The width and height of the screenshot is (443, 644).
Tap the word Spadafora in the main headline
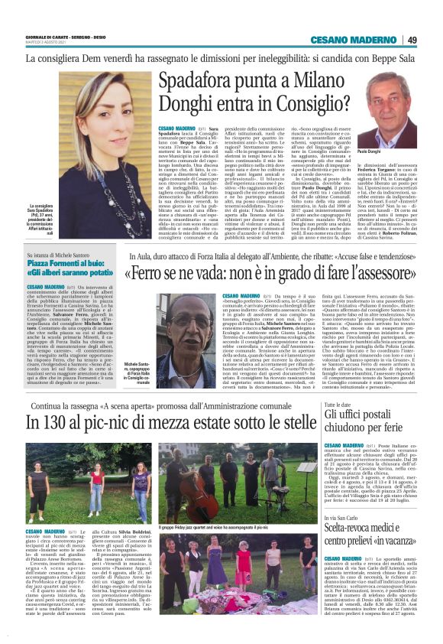pos(192,83)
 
